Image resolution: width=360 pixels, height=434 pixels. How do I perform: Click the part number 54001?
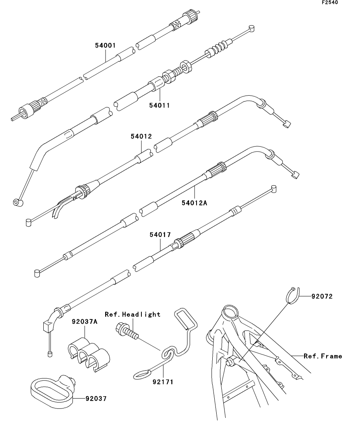(x=105, y=46)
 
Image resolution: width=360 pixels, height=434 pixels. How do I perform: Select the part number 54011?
(x=160, y=105)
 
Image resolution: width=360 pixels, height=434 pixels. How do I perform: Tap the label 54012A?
(x=195, y=203)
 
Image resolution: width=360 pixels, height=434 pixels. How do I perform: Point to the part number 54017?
(x=160, y=235)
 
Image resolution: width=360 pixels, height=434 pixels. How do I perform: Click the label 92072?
(x=322, y=297)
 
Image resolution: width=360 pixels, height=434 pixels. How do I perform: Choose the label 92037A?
(x=84, y=321)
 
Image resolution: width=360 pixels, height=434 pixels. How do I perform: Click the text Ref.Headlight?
(x=132, y=314)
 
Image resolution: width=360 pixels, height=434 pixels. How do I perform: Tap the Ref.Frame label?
(x=323, y=356)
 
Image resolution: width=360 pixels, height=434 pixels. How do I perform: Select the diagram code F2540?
(x=330, y=3)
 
